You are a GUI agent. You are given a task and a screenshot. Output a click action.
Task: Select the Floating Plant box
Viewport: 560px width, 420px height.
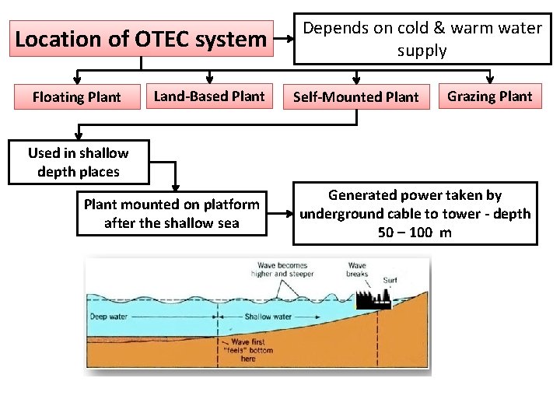[76, 97]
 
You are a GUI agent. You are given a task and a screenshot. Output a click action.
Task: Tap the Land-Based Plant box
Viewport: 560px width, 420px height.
[209, 96]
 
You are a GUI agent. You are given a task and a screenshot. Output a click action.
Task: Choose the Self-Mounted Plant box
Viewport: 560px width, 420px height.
[356, 97]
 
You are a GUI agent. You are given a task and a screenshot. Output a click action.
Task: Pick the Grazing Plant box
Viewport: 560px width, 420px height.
[490, 96]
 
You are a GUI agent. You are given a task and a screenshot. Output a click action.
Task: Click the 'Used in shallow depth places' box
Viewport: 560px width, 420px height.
[79, 163]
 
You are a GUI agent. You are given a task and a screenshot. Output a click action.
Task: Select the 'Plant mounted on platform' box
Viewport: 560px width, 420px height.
[172, 213]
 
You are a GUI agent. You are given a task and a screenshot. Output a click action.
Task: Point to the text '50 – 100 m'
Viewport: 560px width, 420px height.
[415, 233]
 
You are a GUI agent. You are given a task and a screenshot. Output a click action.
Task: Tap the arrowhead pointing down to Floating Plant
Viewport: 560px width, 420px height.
[76, 79]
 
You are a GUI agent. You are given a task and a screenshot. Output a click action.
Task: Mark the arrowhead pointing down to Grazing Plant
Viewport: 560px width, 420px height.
[490, 79]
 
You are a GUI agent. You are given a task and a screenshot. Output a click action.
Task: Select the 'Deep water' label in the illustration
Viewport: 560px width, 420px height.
[109, 317]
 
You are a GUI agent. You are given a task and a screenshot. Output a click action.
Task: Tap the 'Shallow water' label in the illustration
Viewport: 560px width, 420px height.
[268, 317]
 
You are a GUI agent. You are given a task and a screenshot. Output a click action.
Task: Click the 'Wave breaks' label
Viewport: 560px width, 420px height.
[358, 270]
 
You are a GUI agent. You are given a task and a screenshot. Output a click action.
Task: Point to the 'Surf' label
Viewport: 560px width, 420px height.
[390, 280]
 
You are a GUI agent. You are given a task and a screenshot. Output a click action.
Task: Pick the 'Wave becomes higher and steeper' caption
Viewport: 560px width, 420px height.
[283, 269]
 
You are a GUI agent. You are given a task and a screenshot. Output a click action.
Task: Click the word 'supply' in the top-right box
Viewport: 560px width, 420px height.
[422, 51]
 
